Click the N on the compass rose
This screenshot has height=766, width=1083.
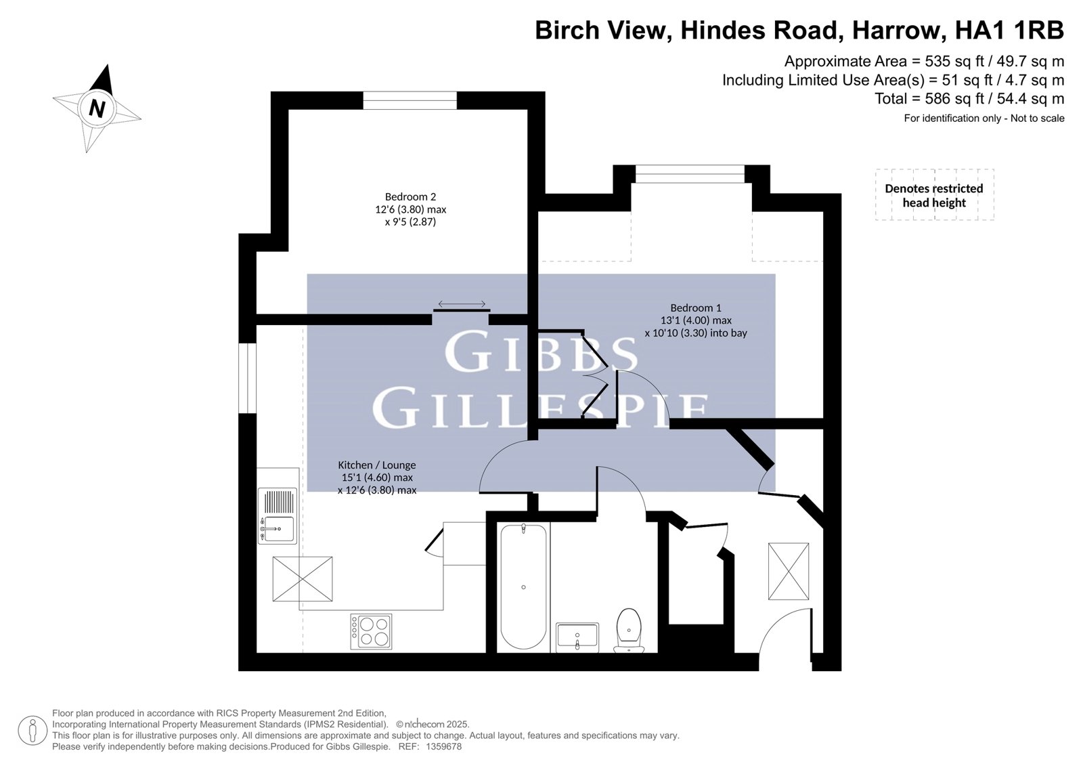[97, 108]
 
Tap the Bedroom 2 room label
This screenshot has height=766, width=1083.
[410, 209]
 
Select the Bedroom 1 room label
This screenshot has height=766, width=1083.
[696, 320]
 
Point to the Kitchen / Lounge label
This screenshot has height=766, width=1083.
[376, 477]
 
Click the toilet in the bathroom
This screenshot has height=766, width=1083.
[629, 630]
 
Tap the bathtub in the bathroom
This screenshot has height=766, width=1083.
[523, 587]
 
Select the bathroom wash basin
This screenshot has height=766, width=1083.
[577, 637]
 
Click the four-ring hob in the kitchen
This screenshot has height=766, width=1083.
[371, 631]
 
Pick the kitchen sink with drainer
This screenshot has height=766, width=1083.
[277, 516]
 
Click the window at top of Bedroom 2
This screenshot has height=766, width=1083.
[410, 101]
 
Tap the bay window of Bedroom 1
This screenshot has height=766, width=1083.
[690, 173]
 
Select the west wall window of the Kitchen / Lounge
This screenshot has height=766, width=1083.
[248, 378]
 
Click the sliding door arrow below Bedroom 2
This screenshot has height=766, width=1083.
[462, 304]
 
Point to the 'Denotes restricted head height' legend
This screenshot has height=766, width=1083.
[934, 195]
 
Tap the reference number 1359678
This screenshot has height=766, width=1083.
[443, 746]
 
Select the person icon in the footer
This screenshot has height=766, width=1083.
[32, 731]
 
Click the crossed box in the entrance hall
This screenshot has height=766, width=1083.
[789, 572]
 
